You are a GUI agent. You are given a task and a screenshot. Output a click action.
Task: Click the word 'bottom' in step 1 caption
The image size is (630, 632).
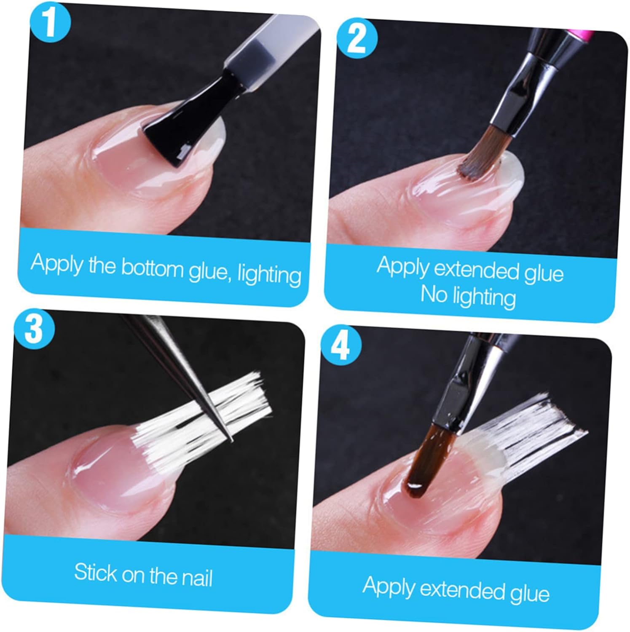[152, 268]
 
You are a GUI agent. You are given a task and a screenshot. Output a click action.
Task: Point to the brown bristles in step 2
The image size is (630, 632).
[482, 155]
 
